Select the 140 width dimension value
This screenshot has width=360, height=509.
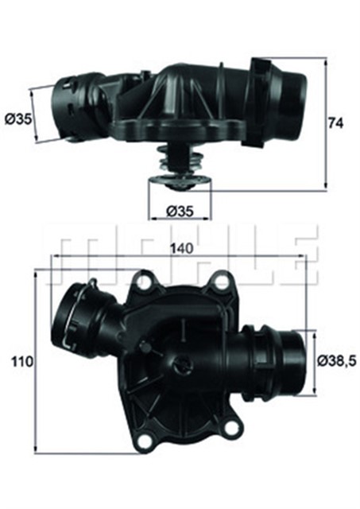point(182,247)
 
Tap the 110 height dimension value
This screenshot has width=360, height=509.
point(21,361)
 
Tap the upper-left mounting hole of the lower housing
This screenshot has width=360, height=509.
point(145,281)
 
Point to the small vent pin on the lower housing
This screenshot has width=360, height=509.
point(143,347)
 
